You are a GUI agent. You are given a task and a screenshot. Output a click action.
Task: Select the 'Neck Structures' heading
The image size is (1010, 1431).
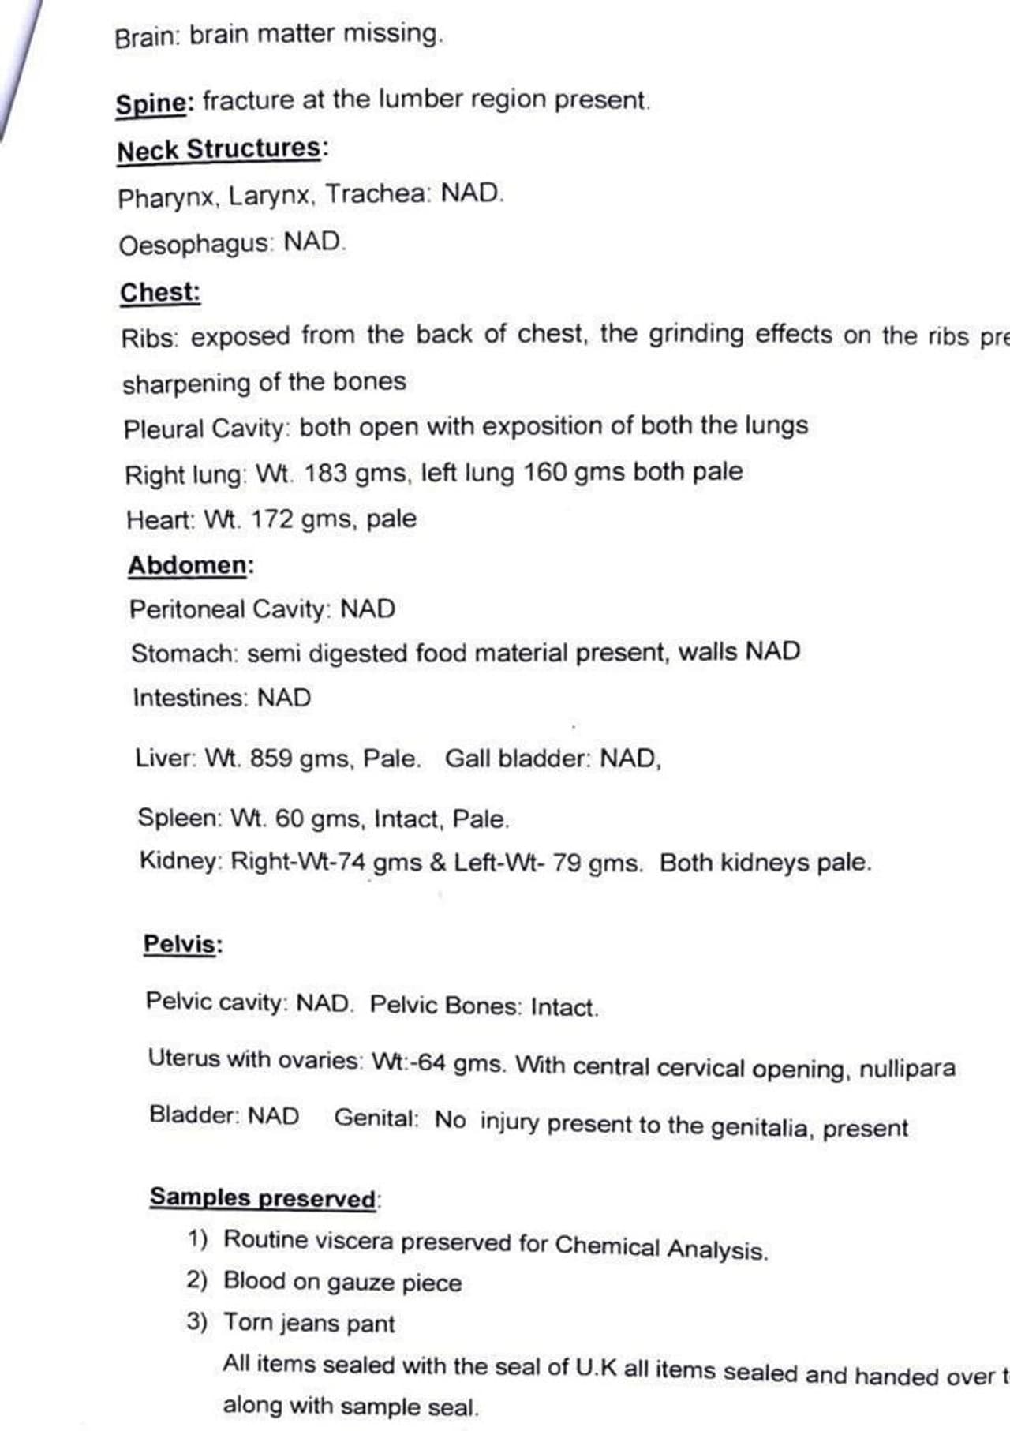[219, 150]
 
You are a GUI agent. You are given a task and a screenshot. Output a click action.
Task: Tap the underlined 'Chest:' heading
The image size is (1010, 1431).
[160, 292]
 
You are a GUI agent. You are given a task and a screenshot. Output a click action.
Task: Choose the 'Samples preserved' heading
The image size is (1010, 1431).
[263, 1197]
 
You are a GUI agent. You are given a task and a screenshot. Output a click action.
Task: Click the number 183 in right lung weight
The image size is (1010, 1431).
[326, 474]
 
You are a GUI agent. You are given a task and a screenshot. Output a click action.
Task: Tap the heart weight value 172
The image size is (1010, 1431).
[272, 519]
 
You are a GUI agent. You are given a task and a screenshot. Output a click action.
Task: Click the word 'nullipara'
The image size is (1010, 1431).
[907, 1069]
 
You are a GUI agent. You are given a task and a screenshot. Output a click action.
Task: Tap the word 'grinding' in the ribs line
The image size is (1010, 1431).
[696, 335]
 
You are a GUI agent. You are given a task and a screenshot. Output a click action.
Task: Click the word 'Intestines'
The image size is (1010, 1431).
[190, 698]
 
